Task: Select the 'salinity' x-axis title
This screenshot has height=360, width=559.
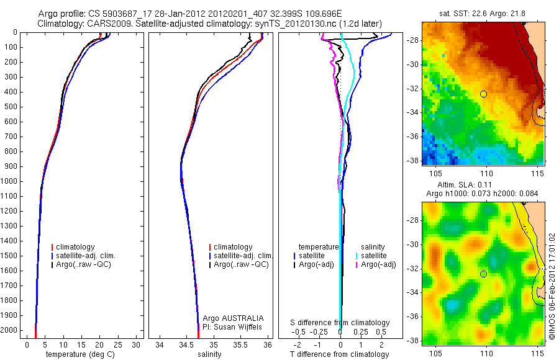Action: [x=209, y=354]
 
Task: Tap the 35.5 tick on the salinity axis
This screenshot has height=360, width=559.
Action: [x=241, y=344]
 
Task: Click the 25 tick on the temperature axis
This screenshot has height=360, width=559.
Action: [x=117, y=344]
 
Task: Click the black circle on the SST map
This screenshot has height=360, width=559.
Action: [x=483, y=94]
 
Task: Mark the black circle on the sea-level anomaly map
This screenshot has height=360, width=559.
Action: [x=483, y=274]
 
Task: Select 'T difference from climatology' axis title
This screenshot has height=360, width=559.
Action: [x=339, y=354]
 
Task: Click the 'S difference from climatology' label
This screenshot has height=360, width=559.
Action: [x=340, y=323]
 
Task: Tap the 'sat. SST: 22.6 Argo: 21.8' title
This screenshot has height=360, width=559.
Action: [x=483, y=13]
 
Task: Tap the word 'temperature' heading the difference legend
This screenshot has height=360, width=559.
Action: [x=319, y=247]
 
